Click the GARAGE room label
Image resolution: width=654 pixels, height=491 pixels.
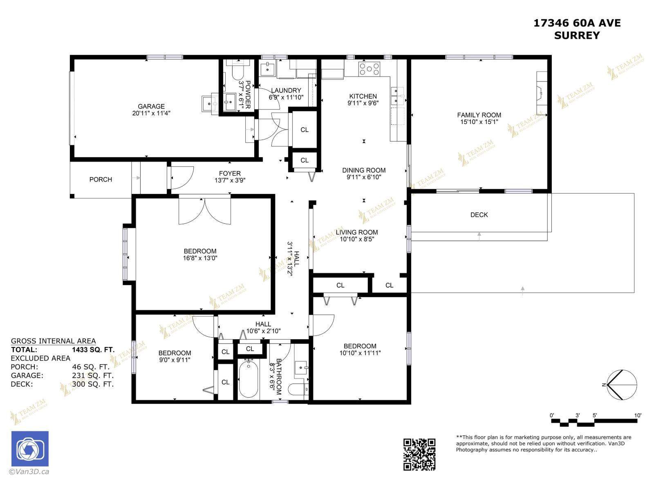[x=151, y=106]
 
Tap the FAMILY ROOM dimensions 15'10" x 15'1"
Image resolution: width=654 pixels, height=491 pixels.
[x=479, y=122]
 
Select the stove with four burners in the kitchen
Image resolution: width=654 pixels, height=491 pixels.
[x=369, y=68]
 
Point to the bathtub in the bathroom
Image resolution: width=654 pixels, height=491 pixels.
[x=248, y=378]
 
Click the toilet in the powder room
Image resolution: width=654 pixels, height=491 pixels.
[x=237, y=73]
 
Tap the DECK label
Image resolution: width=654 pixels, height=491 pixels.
[x=479, y=215]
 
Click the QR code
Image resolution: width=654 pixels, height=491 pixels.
[x=419, y=454]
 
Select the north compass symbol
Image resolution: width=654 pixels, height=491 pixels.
[x=621, y=385]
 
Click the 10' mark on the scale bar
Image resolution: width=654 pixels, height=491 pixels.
[x=638, y=415]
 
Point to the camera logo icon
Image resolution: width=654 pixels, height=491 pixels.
[x=30, y=449]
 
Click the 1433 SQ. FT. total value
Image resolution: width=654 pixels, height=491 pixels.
[x=93, y=350]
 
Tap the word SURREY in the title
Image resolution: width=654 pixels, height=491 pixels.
[x=577, y=36]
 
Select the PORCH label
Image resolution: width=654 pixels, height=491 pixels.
[x=101, y=180]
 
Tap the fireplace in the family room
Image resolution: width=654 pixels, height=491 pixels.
[x=541, y=94]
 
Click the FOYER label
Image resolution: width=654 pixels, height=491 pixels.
[x=230, y=173]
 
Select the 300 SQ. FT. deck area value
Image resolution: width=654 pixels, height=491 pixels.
[x=93, y=384]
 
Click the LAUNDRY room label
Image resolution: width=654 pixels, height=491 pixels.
[x=286, y=90]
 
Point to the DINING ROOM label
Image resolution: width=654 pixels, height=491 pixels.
[x=364, y=170]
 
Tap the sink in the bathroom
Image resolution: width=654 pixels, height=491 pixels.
[x=301, y=368]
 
